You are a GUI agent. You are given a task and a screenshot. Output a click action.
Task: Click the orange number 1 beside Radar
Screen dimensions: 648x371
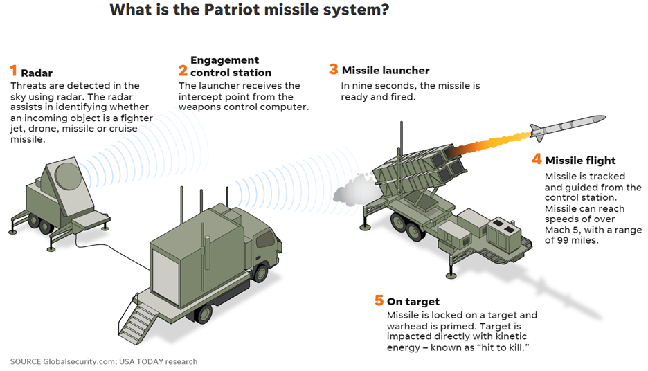[x=14, y=71]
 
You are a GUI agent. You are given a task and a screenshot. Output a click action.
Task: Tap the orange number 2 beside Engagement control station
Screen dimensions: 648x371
[x=183, y=71]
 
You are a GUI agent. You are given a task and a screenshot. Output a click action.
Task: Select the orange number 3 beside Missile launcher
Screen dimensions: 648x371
[x=334, y=69]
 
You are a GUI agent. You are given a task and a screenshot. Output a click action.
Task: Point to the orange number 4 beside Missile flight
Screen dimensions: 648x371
[x=537, y=159]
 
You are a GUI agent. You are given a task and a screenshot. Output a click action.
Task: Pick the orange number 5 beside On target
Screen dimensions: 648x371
[x=379, y=300]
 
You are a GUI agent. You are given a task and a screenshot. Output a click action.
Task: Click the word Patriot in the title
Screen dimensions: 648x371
[x=231, y=9]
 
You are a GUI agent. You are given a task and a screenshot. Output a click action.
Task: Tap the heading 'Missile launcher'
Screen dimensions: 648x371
[x=386, y=70]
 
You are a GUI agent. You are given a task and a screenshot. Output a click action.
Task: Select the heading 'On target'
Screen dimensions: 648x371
[x=413, y=302]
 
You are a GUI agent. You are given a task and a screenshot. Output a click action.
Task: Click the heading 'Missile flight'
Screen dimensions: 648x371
[x=580, y=161]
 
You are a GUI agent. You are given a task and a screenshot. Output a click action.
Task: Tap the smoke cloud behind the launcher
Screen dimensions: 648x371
[x=354, y=188]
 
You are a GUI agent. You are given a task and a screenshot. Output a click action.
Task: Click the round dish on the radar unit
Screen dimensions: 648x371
[x=67, y=176]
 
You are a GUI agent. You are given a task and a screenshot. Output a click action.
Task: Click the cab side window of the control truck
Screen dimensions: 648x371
[x=266, y=239]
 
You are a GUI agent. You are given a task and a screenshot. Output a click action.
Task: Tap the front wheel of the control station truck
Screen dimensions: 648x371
[x=260, y=273]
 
